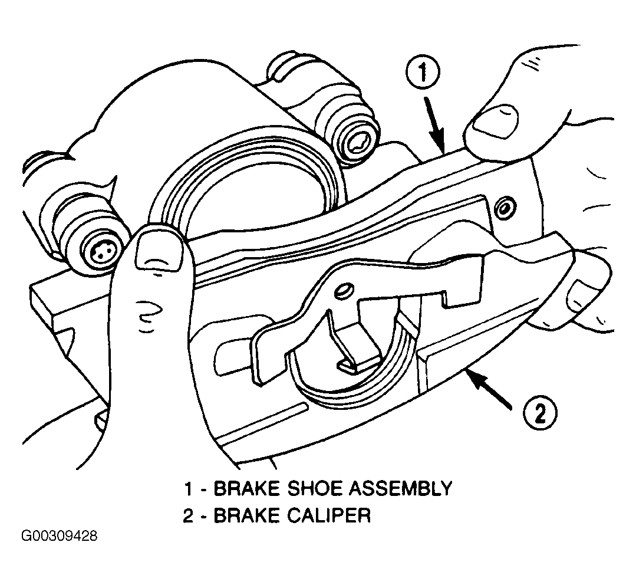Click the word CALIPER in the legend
coord(329,516)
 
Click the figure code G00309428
coord(59,536)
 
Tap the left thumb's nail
coord(159,251)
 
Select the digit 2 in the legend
coord(188,516)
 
